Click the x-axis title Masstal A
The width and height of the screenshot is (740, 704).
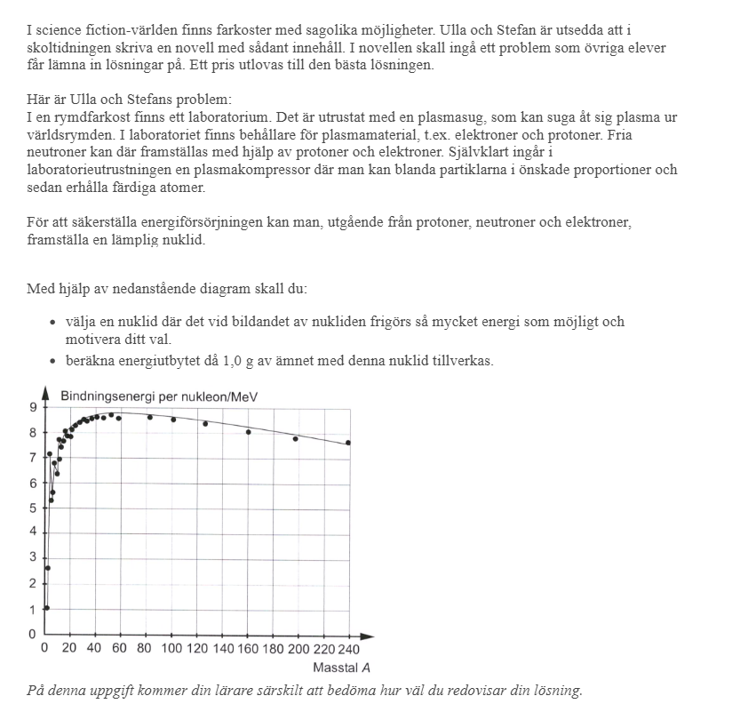341,668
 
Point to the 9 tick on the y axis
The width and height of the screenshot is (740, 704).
34,408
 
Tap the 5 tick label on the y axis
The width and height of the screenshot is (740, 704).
34,508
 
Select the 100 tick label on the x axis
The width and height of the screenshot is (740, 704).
171,649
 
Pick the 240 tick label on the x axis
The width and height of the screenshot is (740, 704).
347,649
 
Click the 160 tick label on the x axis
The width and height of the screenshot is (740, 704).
247,649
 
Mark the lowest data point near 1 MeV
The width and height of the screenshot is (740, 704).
46,608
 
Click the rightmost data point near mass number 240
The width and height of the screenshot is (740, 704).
348,443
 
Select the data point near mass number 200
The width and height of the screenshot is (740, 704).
296,438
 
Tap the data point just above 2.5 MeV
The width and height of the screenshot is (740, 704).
47,568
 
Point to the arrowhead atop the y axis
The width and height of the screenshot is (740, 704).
45,391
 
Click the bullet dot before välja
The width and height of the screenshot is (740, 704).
53,323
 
